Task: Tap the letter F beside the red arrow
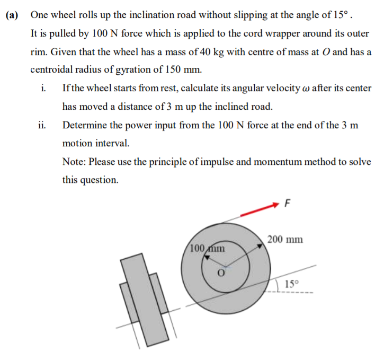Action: [x=288, y=202]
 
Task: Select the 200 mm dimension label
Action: [x=285, y=240]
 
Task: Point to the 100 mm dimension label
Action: [x=208, y=248]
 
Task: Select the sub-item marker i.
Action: [x=42, y=88]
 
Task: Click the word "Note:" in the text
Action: [x=74, y=162]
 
